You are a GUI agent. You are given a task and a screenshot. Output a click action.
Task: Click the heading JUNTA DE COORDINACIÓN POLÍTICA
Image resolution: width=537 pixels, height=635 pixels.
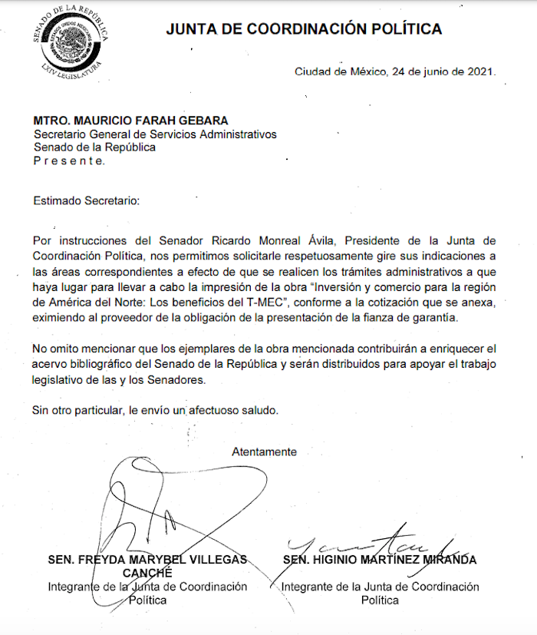tap(305, 30)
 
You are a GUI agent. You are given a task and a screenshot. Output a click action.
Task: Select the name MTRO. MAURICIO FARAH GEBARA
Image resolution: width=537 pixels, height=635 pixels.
tap(120, 121)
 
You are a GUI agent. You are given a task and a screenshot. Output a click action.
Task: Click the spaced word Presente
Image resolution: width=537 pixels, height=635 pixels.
tap(70, 160)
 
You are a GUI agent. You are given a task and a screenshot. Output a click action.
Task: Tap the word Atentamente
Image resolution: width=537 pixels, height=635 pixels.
tap(264, 451)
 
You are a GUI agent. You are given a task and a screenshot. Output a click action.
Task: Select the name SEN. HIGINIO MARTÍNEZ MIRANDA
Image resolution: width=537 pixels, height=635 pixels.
tap(379, 560)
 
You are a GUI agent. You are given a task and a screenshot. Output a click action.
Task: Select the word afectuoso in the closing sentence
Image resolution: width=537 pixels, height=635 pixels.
tap(218, 409)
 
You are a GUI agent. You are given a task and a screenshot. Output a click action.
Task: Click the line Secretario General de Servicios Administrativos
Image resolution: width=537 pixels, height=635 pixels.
tap(154, 134)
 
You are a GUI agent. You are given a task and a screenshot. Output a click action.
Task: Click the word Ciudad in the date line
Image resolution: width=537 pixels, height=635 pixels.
tap(313, 72)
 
